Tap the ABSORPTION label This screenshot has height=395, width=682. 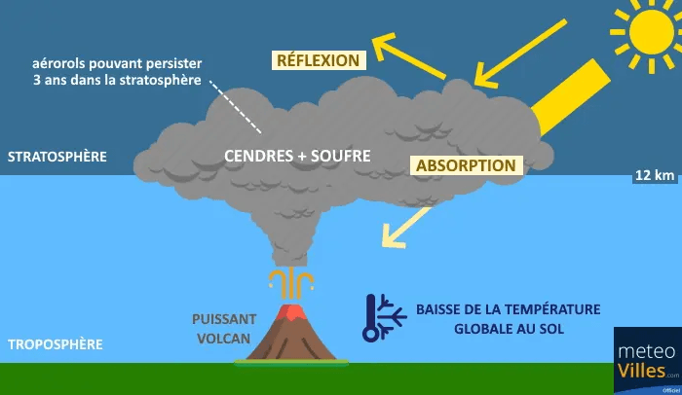(x=466, y=165)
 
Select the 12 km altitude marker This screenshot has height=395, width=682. (x=654, y=176)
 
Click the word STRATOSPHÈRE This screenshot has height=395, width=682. (x=57, y=156)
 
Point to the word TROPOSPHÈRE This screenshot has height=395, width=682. (x=55, y=344)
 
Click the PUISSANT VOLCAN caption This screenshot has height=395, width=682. (x=224, y=328)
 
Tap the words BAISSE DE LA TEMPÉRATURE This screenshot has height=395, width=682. (x=508, y=309)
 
